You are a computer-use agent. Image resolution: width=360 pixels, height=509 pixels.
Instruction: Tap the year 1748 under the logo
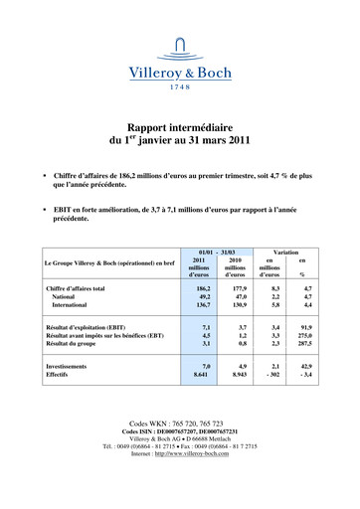click(179, 86)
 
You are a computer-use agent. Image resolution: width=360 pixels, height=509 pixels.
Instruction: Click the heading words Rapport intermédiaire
click(179, 127)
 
